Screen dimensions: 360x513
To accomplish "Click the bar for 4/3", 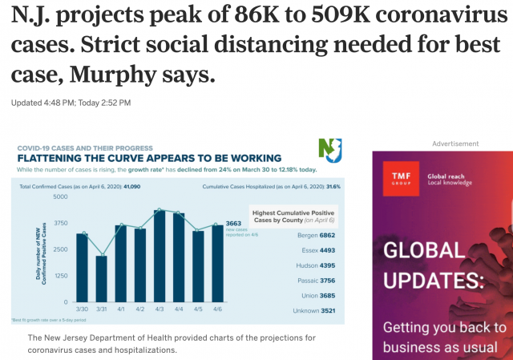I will [160, 256].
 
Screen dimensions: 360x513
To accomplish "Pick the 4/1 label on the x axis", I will [120, 309].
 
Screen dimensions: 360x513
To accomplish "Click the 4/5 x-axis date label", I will [199, 309].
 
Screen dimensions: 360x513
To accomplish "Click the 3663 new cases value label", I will [232, 224].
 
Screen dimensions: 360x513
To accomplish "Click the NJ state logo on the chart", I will [329, 150].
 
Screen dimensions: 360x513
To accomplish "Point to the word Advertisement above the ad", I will [455, 144].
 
